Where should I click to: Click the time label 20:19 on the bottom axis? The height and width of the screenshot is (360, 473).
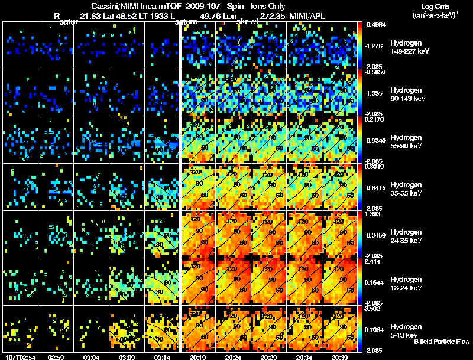tap(197, 356)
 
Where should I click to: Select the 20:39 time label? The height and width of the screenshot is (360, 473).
tap(339, 356)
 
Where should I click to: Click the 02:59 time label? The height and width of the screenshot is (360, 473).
tap(56, 356)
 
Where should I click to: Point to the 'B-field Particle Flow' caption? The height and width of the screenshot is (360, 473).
tap(442, 342)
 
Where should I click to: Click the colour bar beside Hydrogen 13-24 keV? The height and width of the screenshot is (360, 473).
tap(360, 281)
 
